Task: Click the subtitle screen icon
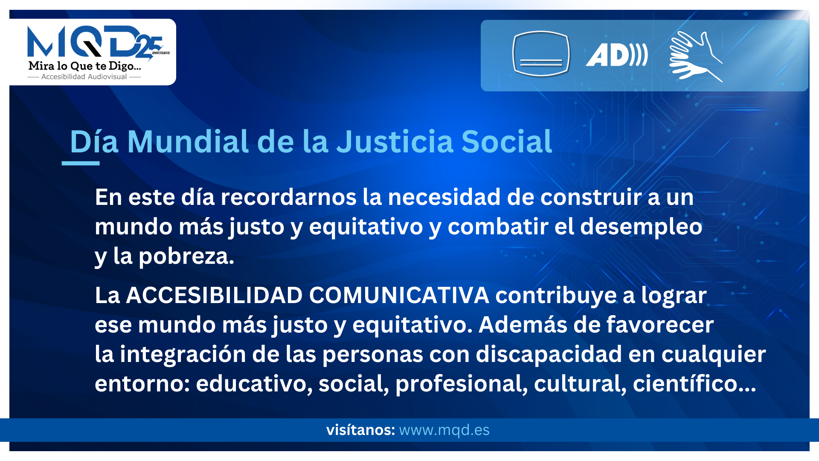[x=541, y=54]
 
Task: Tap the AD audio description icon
[x=617, y=55]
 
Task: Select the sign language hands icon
[x=696, y=56]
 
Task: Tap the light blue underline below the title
[x=81, y=163]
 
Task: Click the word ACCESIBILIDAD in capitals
[x=214, y=295]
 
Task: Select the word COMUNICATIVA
[x=399, y=295]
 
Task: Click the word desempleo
[x=641, y=227]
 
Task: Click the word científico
[x=694, y=383]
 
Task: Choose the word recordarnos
[x=288, y=197]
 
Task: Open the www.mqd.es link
[x=444, y=430]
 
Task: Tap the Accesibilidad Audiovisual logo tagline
[x=84, y=77]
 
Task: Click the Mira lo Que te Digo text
[x=84, y=66]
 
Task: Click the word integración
[x=183, y=354]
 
